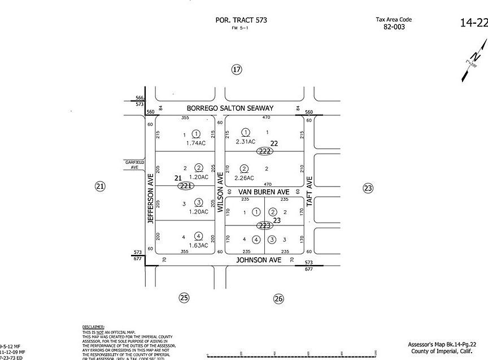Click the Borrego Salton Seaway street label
pos(231,108)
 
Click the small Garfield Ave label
pos(134,164)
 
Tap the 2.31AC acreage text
pos(246,141)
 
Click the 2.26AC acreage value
pos(244,178)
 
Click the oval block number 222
pos(264,151)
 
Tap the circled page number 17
pos(237,70)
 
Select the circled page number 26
pos(278,299)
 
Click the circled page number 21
pos(100,186)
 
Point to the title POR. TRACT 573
pos(241,20)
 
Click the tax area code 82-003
pos(394,27)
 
